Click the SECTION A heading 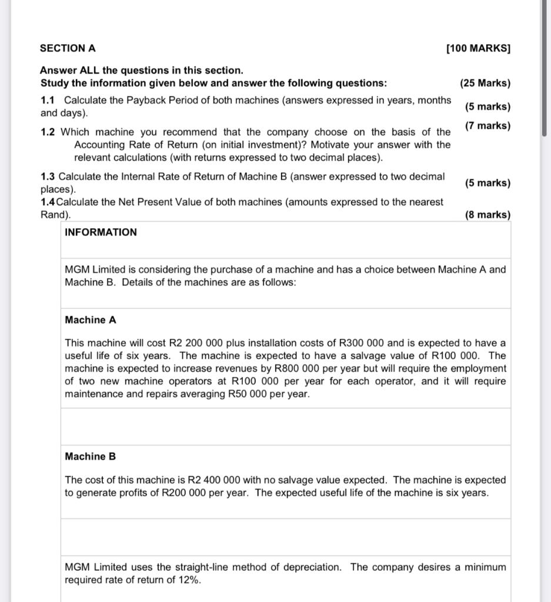click(x=68, y=48)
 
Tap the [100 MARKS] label click(x=478, y=48)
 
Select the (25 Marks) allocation click(x=485, y=83)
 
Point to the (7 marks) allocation click(x=487, y=125)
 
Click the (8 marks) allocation click(x=487, y=215)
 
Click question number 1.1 click(x=49, y=100)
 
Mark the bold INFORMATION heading click(x=101, y=232)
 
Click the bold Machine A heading click(x=91, y=320)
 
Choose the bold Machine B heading click(x=91, y=456)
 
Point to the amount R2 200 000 click(x=193, y=343)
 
